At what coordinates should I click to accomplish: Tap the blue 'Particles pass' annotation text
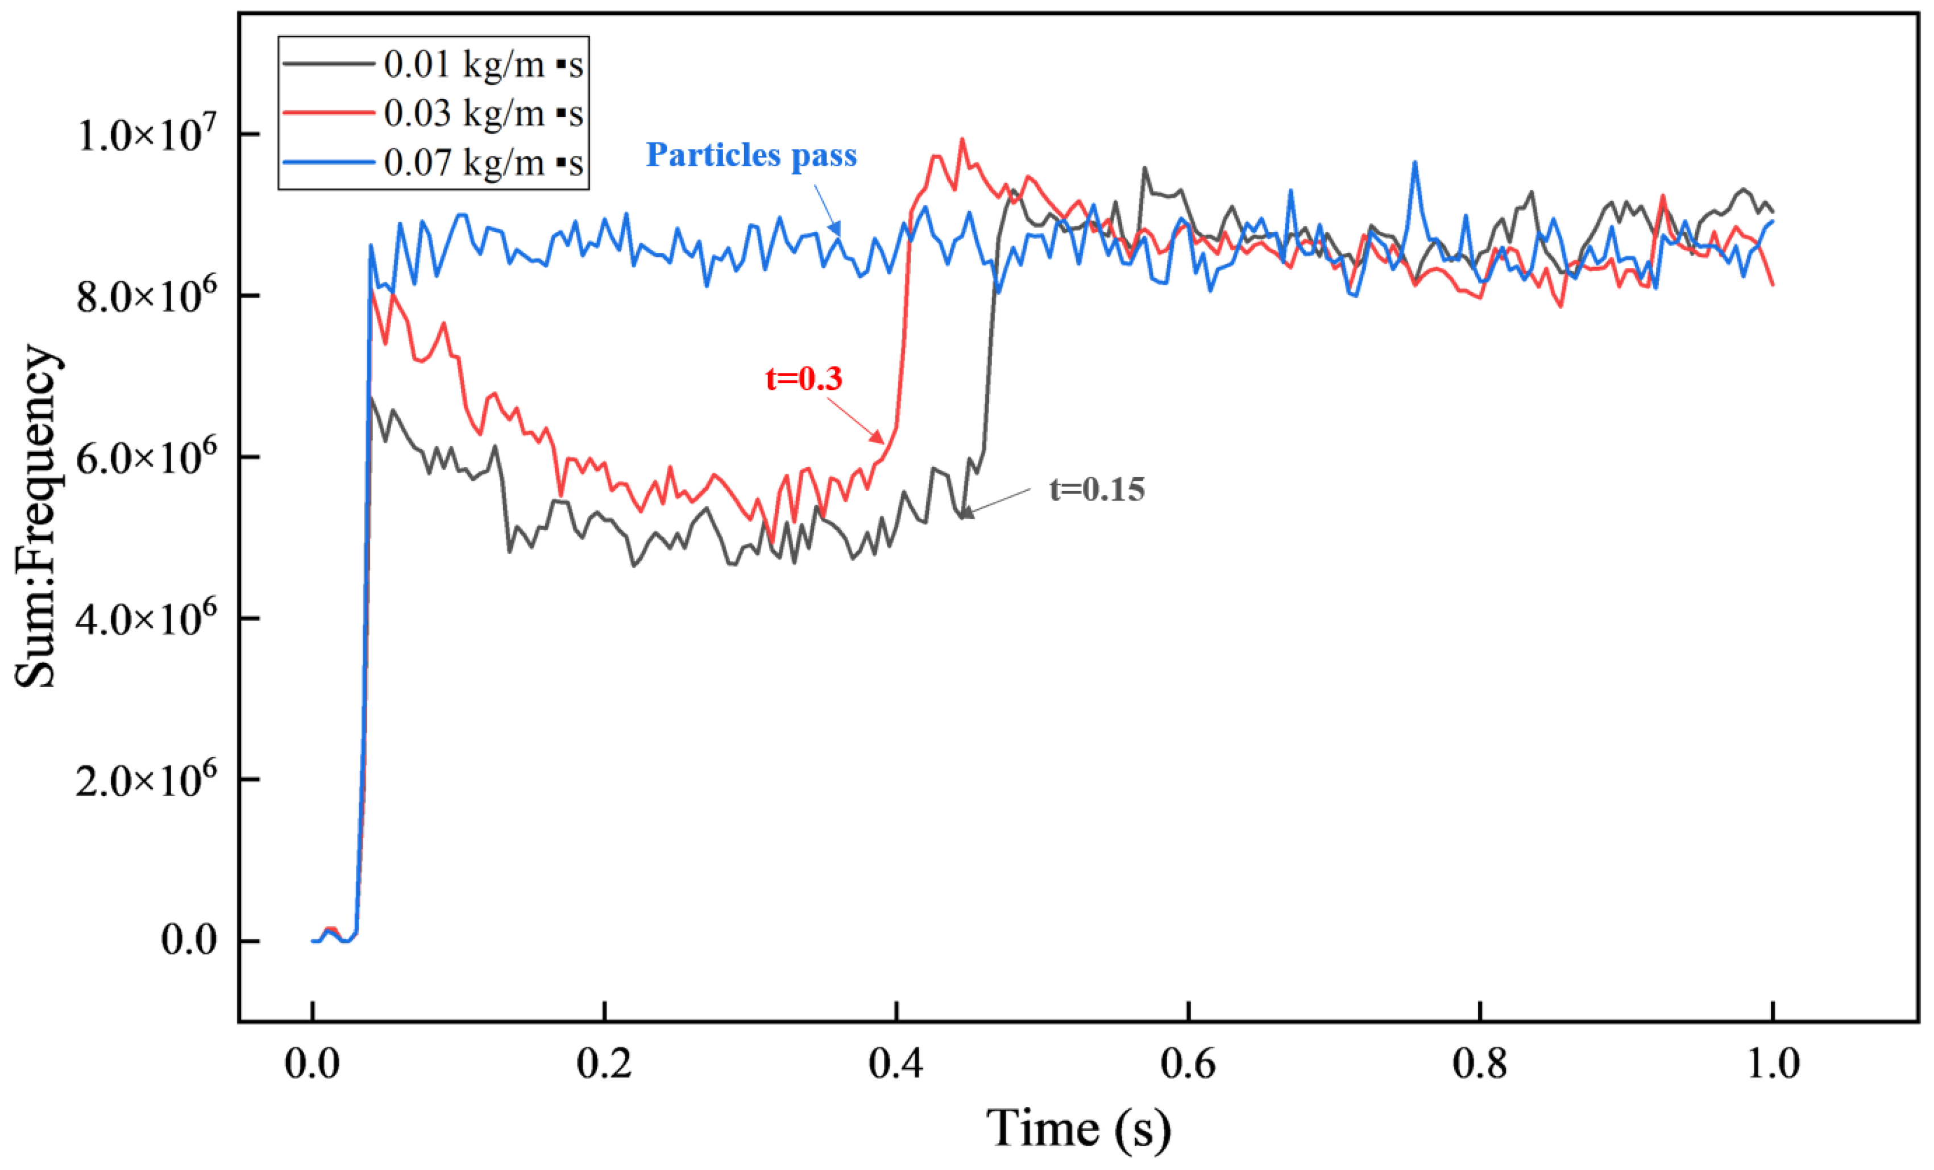pos(750,155)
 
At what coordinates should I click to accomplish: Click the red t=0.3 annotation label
pos(804,379)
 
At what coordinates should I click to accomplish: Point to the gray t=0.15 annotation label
pos(1097,490)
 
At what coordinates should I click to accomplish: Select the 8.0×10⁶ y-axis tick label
pos(147,296)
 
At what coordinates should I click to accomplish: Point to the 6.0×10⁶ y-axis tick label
pos(147,457)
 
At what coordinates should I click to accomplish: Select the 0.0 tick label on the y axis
pos(188,940)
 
